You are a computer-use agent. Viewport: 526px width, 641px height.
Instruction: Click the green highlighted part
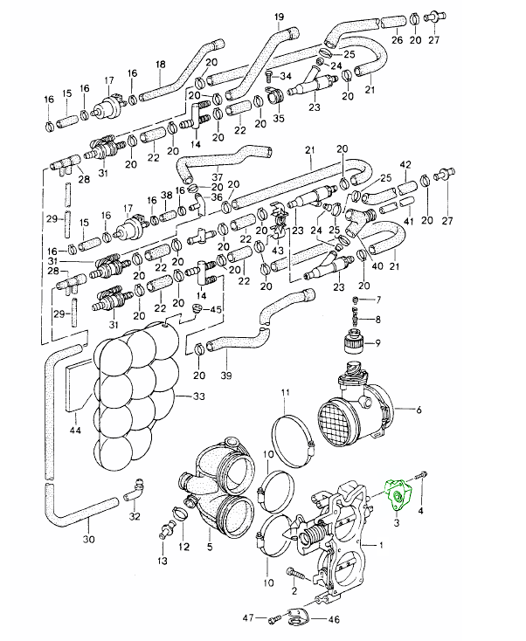(399, 495)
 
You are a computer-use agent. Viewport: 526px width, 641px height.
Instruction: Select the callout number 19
(279, 17)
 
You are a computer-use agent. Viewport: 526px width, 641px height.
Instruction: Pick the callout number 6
(419, 410)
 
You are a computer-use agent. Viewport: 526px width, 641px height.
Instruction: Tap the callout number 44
(75, 430)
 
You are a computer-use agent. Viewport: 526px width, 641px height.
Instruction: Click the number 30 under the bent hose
(88, 540)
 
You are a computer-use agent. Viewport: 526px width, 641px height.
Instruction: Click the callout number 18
(160, 65)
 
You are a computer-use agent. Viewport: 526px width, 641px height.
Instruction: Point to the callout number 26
(396, 40)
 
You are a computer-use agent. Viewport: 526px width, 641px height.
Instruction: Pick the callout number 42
(405, 164)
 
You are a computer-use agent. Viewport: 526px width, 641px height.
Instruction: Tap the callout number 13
(162, 559)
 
